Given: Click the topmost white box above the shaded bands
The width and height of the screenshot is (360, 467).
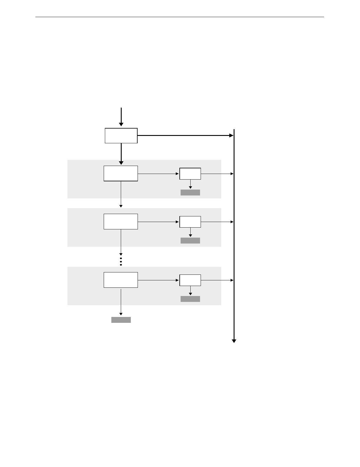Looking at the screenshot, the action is pos(121,136).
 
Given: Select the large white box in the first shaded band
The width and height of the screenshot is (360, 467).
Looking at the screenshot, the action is pos(121,173).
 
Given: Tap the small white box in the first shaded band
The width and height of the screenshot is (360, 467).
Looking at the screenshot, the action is pos(190,174).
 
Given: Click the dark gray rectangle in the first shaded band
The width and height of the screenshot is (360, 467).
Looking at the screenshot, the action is pos(190,193).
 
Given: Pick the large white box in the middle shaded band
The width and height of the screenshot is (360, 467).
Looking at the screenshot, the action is pos(121,221).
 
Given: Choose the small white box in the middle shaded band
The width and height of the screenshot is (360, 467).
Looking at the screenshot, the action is pos(190,222).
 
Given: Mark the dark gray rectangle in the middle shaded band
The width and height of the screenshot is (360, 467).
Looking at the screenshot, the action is pos(190,241).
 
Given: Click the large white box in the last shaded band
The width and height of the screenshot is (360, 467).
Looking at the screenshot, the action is pos(121,280).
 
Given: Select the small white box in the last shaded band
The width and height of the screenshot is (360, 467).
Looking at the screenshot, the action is pos(190,280).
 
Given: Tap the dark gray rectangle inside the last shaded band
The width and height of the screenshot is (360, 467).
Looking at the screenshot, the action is pos(190,299).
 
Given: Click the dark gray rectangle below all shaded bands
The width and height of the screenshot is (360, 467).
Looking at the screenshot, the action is pos(121,320).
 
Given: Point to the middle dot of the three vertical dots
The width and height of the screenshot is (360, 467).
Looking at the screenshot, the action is pos(121,261).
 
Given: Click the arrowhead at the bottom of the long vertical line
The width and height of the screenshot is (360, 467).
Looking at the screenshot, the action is pos(234,341).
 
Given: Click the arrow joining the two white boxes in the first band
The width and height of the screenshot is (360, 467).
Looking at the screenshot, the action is pos(158,174).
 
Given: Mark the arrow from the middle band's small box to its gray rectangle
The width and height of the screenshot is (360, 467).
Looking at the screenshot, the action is pos(190,232).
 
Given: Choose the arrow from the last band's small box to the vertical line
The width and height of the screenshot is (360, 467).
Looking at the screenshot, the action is pos(217,280).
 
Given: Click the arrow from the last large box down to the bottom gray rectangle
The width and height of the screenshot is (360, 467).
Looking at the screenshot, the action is pos(121,302).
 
